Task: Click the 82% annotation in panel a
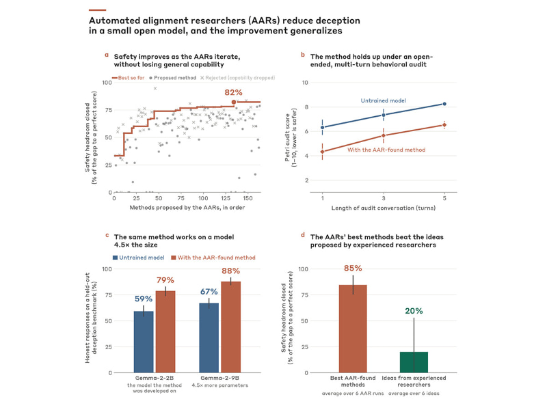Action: [x=233, y=92]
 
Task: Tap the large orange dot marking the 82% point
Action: [x=234, y=102]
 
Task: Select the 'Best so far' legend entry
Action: [x=128, y=78]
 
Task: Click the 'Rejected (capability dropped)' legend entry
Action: [x=237, y=78]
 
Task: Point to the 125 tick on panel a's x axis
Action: [x=226, y=198]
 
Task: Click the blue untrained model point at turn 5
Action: [x=444, y=104]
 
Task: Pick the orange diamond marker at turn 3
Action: [x=384, y=135]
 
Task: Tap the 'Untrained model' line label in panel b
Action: [x=383, y=100]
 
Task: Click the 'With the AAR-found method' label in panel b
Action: [x=386, y=150]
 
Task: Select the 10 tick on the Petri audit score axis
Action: [x=305, y=83]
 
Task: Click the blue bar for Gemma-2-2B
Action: [x=144, y=342]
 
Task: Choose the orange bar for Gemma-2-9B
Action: [x=231, y=327]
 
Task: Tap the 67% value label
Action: [x=209, y=292]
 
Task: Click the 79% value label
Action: [x=165, y=280]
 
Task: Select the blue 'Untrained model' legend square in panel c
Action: [x=115, y=258]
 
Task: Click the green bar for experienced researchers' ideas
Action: [x=414, y=362]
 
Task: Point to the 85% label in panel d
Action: [x=353, y=269]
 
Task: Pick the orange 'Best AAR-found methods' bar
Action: [x=353, y=329]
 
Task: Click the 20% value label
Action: [x=414, y=311]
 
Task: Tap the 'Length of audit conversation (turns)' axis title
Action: [x=384, y=208]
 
